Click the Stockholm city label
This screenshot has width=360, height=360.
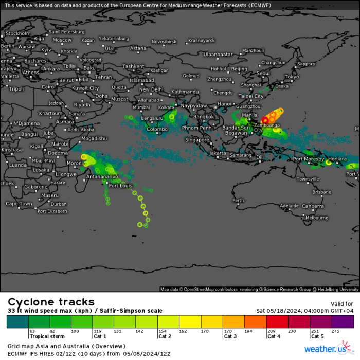[18, 33]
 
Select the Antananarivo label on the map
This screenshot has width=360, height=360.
[102, 176]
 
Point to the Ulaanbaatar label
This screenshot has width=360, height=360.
[218, 54]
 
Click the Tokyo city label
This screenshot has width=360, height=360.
[292, 77]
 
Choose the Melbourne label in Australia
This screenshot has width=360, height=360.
[316, 218]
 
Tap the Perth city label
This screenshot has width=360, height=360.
[238, 200]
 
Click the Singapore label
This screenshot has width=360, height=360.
[197, 140]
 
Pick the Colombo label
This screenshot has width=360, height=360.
[157, 129]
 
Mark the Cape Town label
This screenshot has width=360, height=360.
[19, 204]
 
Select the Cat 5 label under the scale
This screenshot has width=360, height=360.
[317, 337]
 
